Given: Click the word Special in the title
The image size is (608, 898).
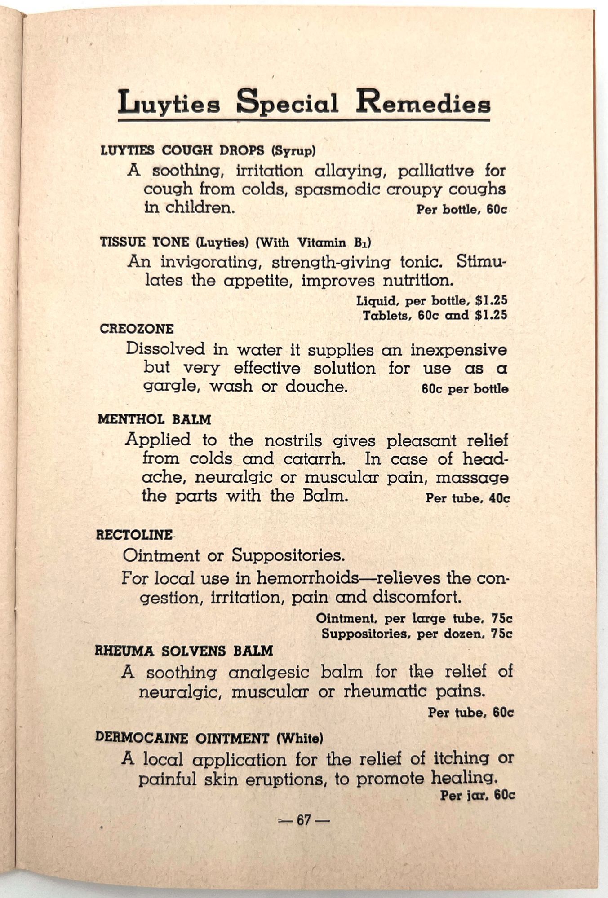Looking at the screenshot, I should coord(288,104).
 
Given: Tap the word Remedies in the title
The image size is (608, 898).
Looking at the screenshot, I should coord(423,104).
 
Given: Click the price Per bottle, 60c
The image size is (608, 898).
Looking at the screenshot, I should coord(462,209).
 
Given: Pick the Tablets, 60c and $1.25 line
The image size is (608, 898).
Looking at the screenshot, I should coord(435,315).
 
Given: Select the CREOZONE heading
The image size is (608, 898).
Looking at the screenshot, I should coord(137,329).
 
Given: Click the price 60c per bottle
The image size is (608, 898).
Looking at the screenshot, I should coord(465,389).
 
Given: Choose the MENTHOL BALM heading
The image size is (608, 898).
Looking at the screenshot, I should coord(154,420).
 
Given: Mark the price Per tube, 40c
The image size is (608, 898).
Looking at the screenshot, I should coord(467,498).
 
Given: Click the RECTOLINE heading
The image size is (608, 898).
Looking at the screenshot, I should coord(134,535).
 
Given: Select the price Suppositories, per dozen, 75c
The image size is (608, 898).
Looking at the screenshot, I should coord(417,634).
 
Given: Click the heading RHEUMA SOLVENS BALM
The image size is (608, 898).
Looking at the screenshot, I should coord(184,651).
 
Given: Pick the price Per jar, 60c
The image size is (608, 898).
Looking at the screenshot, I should coord(477,795).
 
